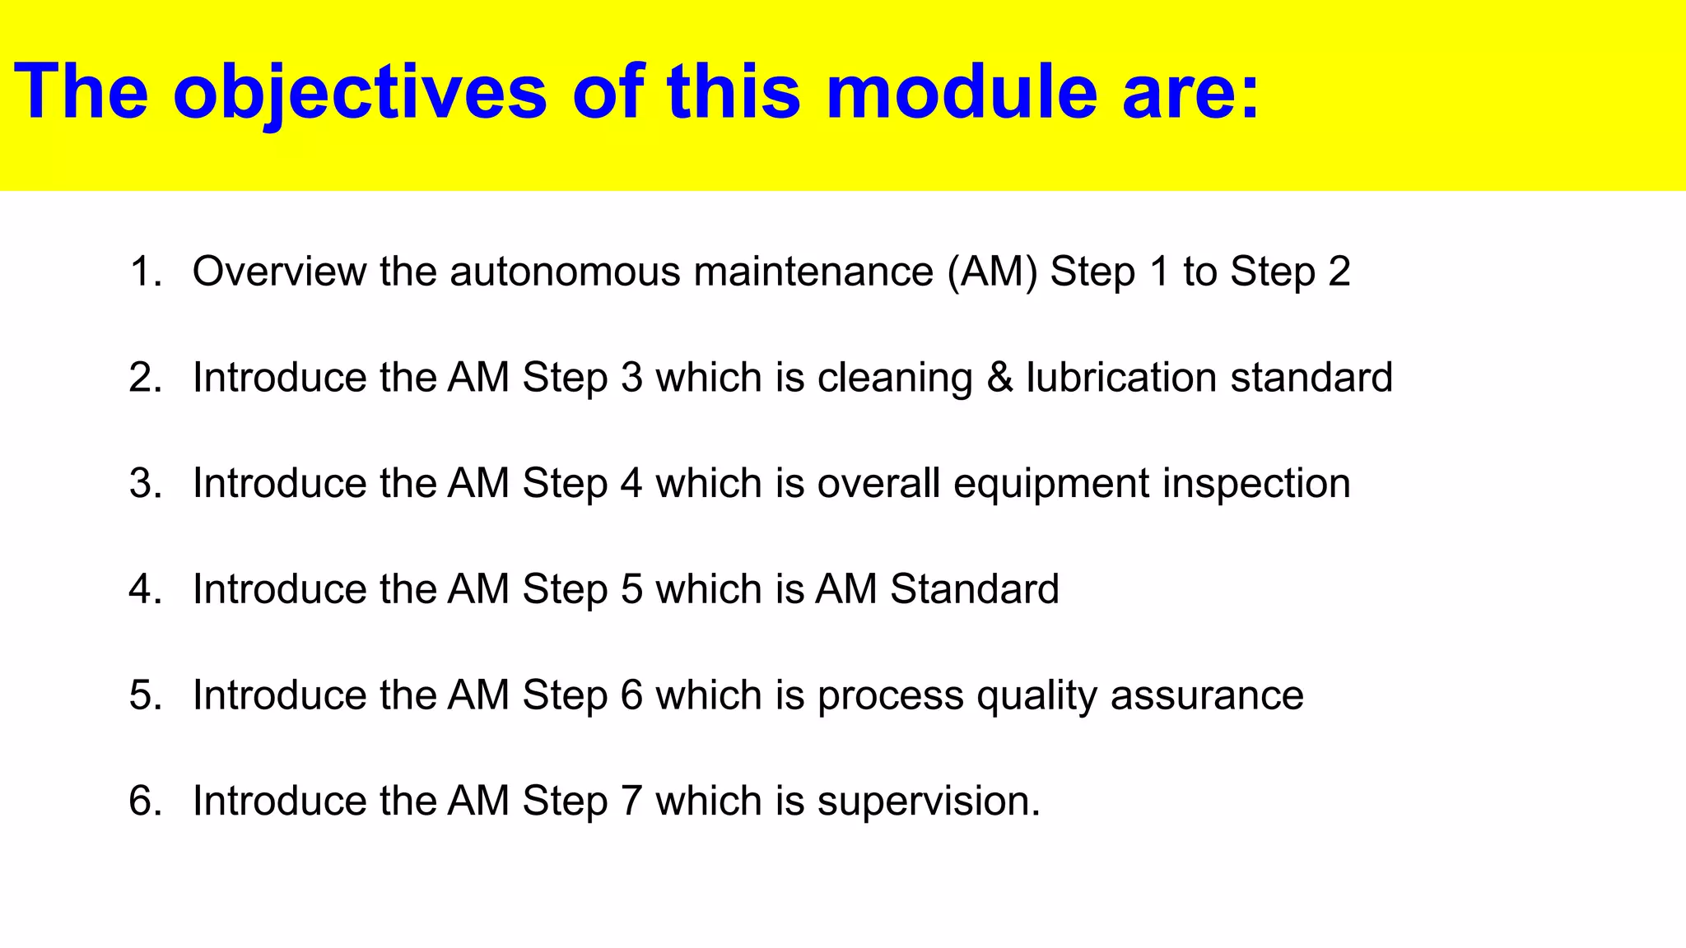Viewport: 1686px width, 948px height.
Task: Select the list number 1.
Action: (x=145, y=272)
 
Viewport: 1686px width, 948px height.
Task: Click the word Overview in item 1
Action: (x=279, y=272)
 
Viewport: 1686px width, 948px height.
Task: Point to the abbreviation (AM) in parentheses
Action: (x=993, y=272)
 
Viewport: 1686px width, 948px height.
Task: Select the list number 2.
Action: (x=145, y=378)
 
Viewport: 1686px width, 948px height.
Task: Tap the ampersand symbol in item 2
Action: (x=999, y=378)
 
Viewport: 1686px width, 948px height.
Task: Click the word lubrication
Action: (x=1121, y=378)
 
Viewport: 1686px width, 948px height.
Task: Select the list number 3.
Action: (x=145, y=483)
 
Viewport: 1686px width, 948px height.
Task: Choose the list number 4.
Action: (x=145, y=589)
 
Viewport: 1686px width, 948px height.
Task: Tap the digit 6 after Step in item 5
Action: (x=631, y=695)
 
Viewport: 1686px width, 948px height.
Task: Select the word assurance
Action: (x=1207, y=695)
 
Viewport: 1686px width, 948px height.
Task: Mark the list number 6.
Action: (x=145, y=801)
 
